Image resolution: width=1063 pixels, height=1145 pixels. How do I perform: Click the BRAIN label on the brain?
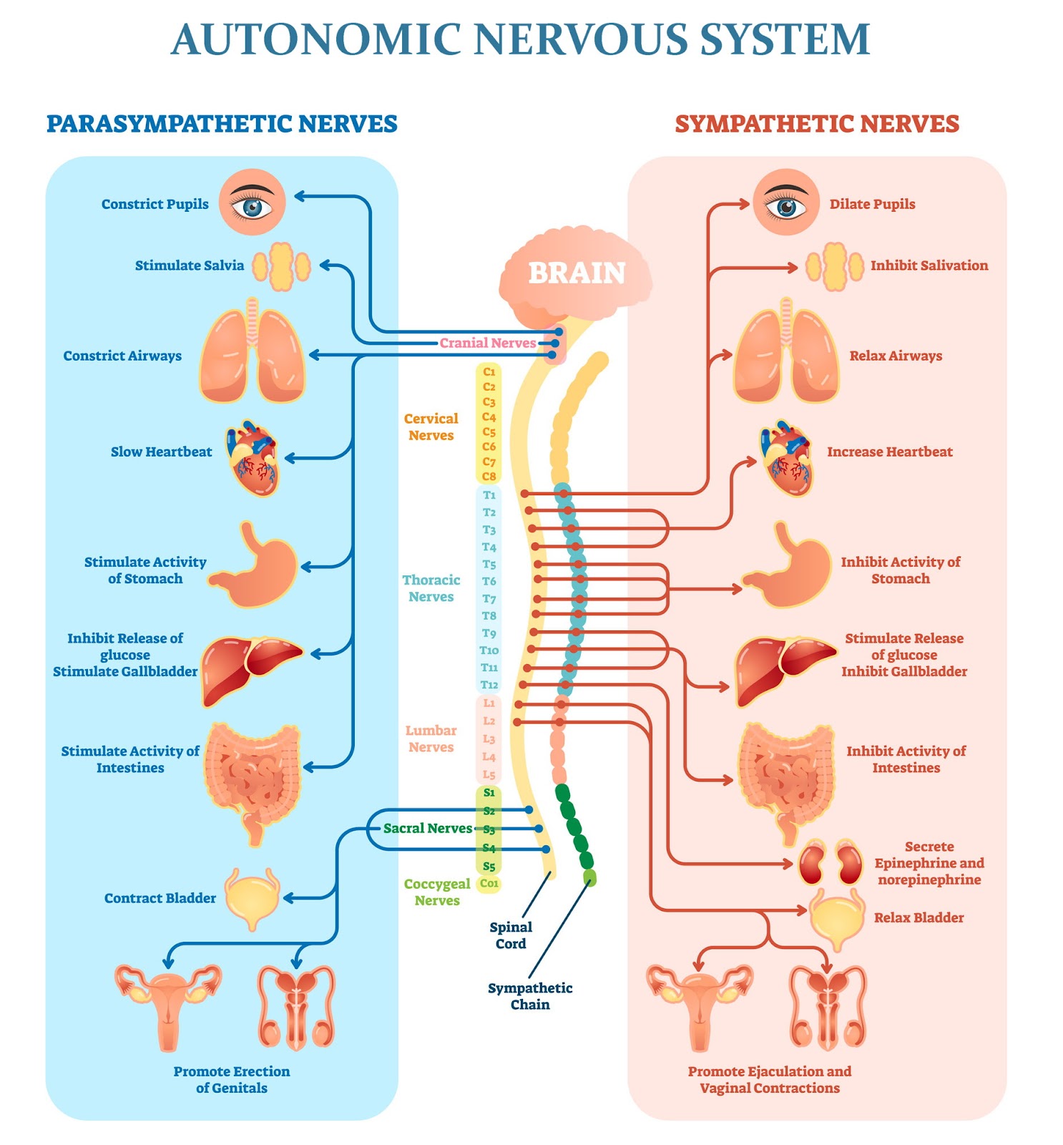point(577,273)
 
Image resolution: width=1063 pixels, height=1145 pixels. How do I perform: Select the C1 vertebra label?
point(489,371)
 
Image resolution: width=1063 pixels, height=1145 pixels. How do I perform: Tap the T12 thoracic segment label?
point(489,685)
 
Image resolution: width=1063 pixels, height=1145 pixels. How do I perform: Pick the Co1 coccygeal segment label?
point(489,883)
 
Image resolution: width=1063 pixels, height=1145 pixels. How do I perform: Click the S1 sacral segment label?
point(489,792)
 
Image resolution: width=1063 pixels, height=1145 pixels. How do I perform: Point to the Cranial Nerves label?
point(488,343)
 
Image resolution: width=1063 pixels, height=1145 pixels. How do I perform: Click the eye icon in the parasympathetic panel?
point(252,203)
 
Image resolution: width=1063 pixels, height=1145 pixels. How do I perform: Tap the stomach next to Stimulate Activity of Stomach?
point(254,565)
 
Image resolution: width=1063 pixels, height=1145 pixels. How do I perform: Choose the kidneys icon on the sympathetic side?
point(831,863)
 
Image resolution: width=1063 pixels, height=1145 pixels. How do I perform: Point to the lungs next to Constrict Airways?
point(252,351)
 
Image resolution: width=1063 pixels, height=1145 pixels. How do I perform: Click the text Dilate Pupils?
point(872,204)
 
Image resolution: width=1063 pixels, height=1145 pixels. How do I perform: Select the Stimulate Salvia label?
point(190,265)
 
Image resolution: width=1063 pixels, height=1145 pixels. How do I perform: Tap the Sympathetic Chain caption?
point(530,996)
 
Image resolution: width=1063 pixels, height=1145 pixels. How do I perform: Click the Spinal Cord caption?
point(511,935)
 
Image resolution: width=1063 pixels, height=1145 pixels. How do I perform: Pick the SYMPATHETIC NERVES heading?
point(817,124)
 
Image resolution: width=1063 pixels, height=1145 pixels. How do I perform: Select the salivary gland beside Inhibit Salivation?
point(834,266)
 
